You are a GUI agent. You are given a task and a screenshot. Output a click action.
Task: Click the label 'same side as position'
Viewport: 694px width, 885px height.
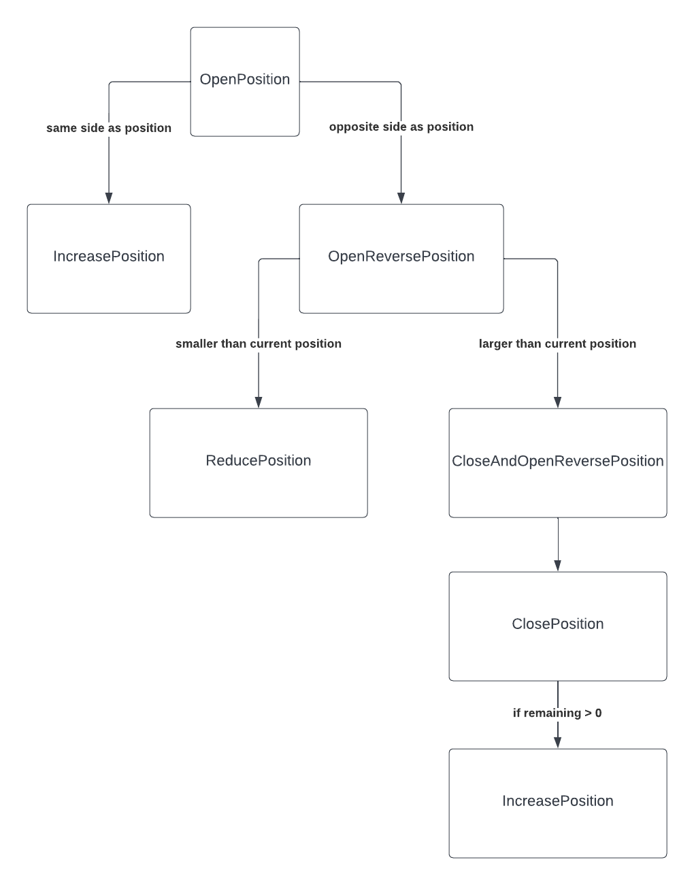(x=109, y=128)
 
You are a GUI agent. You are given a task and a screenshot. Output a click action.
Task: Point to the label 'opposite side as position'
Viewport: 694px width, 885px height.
(x=401, y=127)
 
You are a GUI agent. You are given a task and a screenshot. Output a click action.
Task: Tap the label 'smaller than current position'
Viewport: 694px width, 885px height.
(x=259, y=344)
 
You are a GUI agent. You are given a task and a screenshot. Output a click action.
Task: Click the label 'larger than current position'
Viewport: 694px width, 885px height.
(x=558, y=344)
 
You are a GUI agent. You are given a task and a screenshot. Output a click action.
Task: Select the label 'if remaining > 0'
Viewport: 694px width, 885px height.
(x=557, y=713)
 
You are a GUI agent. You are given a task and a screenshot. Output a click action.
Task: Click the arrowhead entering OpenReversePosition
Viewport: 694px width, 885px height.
(x=401, y=198)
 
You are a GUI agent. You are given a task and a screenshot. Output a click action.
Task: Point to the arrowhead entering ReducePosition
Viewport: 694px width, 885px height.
(x=259, y=402)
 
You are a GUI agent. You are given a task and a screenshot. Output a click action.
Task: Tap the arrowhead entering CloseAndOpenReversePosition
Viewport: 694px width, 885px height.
(x=558, y=402)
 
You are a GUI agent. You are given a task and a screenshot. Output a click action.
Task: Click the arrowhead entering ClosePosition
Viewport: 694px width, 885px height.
(x=558, y=566)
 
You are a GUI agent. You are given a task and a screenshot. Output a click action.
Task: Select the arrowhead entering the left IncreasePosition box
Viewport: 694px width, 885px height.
(x=109, y=198)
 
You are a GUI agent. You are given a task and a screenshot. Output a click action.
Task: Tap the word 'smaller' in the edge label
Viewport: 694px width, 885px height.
(x=196, y=344)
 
